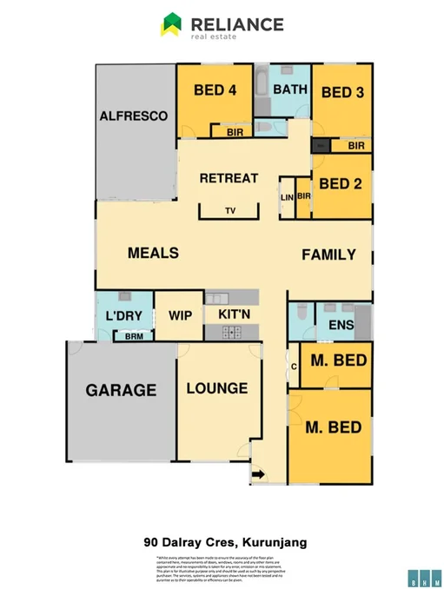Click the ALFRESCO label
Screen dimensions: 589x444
(133, 116)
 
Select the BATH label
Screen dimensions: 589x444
(289, 89)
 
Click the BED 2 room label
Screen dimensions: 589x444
(341, 183)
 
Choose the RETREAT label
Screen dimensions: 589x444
(229, 178)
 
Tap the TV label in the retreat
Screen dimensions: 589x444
(229, 211)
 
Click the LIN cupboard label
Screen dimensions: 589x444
(287, 197)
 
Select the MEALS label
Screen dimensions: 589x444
(153, 253)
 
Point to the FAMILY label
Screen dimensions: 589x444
(328, 255)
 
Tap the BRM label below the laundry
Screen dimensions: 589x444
(135, 335)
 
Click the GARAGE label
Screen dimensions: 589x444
(121, 390)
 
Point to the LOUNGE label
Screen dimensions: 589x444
(217, 388)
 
